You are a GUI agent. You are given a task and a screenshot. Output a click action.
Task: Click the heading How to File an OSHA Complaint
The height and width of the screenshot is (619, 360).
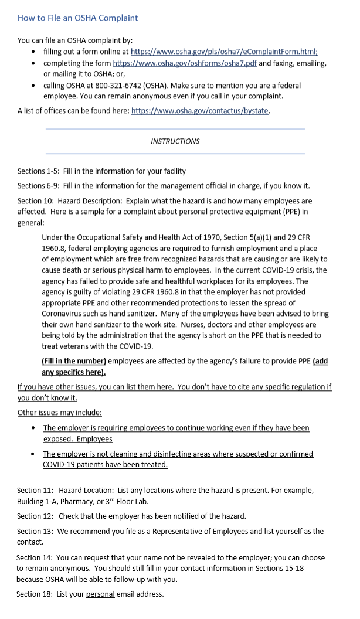(x=77, y=18)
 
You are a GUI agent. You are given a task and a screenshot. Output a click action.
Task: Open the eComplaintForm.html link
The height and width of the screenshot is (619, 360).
(x=224, y=52)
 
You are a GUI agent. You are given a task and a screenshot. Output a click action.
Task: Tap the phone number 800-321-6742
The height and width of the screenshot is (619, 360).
(x=113, y=85)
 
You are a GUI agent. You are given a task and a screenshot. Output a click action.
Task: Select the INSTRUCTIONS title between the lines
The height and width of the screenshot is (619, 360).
(x=175, y=141)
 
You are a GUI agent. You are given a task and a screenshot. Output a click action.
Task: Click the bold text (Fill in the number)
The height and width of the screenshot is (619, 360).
(x=74, y=361)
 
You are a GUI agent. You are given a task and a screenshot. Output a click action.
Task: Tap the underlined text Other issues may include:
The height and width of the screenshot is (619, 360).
(x=60, y=413)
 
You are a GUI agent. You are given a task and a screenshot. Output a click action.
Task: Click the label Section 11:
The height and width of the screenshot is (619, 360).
(x=35, y=490)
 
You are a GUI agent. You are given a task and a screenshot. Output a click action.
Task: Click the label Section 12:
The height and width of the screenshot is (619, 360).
(x=35, y=516)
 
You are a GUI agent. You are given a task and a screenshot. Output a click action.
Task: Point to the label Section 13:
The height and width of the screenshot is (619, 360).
(x=35, y=532)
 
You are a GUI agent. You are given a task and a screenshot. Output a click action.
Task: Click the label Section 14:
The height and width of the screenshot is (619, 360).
(x=35, y=558)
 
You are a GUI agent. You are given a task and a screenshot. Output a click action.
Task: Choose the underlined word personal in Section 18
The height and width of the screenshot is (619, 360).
(x=100, y=594)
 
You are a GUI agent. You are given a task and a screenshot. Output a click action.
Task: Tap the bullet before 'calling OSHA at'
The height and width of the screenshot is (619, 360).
(x=34, y=85)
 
